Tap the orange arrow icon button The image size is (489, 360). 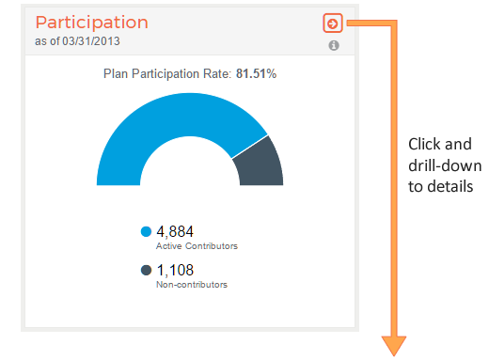[x=331, y=23]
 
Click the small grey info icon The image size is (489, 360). [x=334, y=45]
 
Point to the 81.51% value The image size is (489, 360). [x=256, y=72]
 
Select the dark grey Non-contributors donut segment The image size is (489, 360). [x=258, y=164]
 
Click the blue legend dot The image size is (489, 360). [x=146, y=231]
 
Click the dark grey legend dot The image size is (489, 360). [x=146, y=271]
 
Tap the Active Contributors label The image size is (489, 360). [x=197, y=245]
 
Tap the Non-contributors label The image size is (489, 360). [x=192, y=284]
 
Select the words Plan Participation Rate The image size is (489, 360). [x=166, y=72]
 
